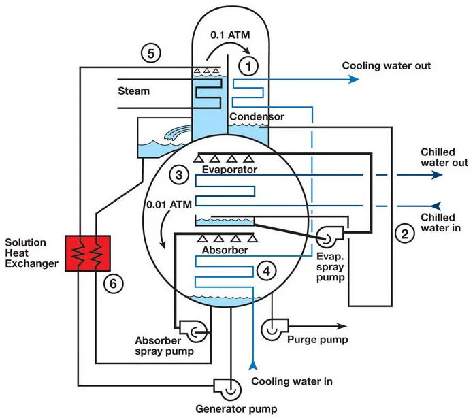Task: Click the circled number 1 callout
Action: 248,66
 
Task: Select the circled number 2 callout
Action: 405,234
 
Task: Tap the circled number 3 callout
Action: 179,175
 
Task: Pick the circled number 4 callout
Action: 266,271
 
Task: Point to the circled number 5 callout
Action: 151,53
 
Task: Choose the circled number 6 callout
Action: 113,284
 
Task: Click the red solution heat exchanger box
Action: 88,253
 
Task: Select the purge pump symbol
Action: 274,329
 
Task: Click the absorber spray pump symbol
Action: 194,332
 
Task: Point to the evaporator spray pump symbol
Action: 329,237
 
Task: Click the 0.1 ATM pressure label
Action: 230,35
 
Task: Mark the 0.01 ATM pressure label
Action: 169,205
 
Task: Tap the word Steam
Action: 133,91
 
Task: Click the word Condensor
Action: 257,116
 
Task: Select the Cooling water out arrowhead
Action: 353,80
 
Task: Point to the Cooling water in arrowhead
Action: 253,365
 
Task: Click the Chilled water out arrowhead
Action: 437,175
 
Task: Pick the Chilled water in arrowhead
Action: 436,206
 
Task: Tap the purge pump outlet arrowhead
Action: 342,327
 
